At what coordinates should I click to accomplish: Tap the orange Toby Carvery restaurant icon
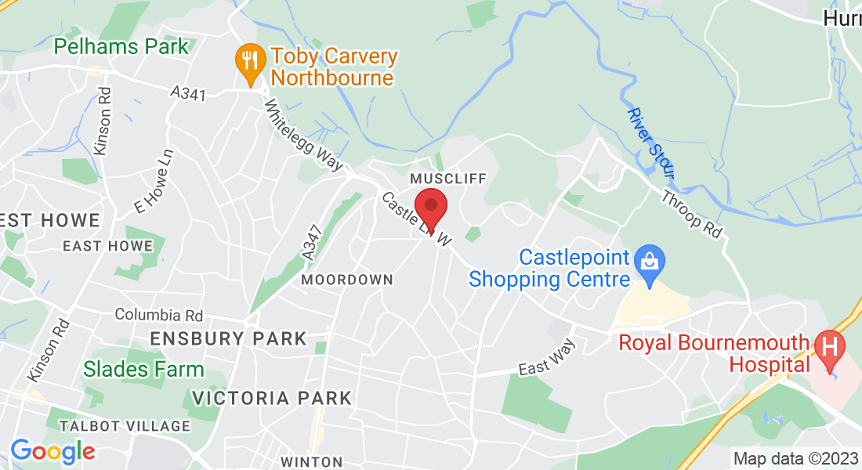(249, 60)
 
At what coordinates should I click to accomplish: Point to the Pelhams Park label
(121, 46)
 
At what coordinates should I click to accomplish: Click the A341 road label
(188, 94)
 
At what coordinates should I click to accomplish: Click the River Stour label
(650, 143)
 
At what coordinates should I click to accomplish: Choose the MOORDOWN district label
(347, 280)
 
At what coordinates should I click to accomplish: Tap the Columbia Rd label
(159, 315)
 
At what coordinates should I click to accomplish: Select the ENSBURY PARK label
(228, 339)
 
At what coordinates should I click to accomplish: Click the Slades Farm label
(143, 368)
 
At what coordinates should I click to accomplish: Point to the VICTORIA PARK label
(272, 398)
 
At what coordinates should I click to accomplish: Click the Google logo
(52, 451)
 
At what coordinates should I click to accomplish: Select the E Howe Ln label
(153, 190)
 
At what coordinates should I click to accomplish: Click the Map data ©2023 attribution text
(795, 458)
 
